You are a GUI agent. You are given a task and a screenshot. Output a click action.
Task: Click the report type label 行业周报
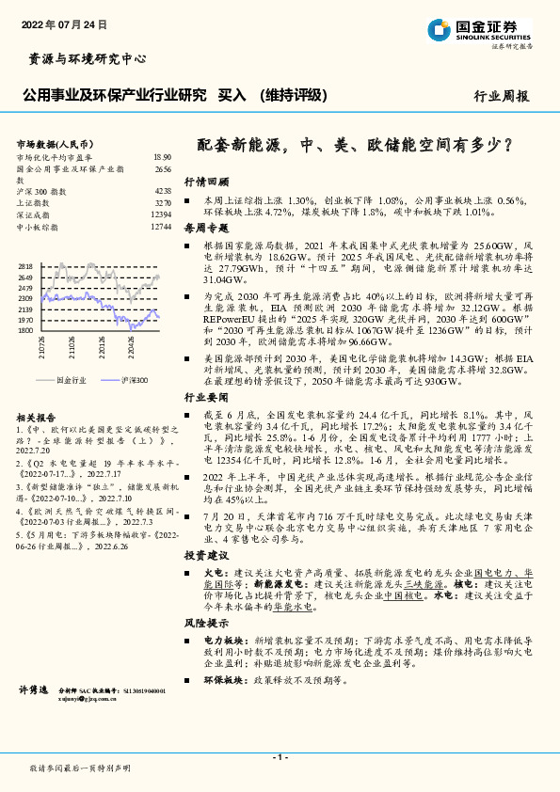coord(501,96)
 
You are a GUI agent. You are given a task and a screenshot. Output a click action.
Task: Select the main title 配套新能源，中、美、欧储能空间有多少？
coord(355,146)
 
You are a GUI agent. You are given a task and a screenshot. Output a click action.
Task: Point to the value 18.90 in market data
coord(162,157)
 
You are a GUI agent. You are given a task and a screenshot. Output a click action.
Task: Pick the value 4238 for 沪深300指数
coord(163,191)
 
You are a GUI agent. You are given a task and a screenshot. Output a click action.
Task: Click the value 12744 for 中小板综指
coord(161,227)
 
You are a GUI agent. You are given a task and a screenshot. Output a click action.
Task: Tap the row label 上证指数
coord(35,203)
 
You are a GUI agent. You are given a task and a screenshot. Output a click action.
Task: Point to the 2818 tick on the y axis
coord(25,267)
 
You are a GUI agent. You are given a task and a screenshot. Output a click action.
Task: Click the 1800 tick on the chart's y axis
coord(25,330)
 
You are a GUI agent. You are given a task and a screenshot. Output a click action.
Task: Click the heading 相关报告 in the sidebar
coord(38,417)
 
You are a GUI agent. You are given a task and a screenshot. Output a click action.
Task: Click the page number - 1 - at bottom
coord(280,757)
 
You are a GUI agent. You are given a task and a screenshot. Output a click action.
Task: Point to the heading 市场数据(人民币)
coord(50,143)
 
